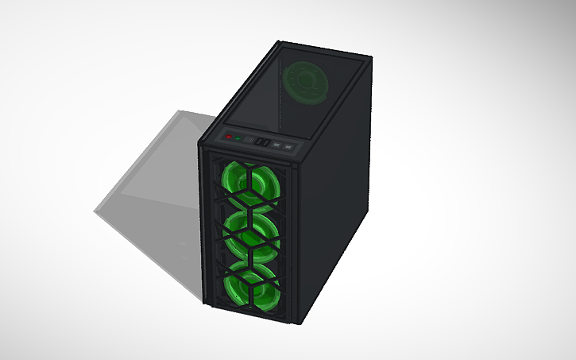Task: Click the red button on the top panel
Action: [x=229, y=137]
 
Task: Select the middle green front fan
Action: [x=252, y=230]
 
